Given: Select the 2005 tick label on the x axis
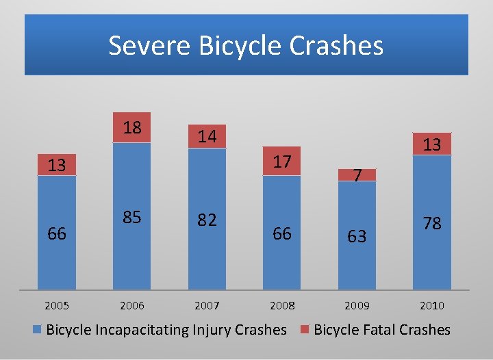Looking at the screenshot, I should pos(57,305).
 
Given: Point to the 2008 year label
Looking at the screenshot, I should pos(281,305).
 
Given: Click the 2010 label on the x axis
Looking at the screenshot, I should pos(431,305).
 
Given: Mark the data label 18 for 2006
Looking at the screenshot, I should pos(131,127).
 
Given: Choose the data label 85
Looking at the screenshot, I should pos(131,218).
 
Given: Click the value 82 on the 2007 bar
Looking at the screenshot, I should pos(207,220).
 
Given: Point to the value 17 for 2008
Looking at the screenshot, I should pos(281,162).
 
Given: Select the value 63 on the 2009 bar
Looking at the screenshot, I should pos(357,236).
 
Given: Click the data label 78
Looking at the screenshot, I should pos(431,223).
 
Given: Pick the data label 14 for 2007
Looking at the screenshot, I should pos(207,137).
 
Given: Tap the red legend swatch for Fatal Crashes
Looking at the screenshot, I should pos(305,330).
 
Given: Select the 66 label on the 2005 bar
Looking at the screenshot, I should pos(57,233).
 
